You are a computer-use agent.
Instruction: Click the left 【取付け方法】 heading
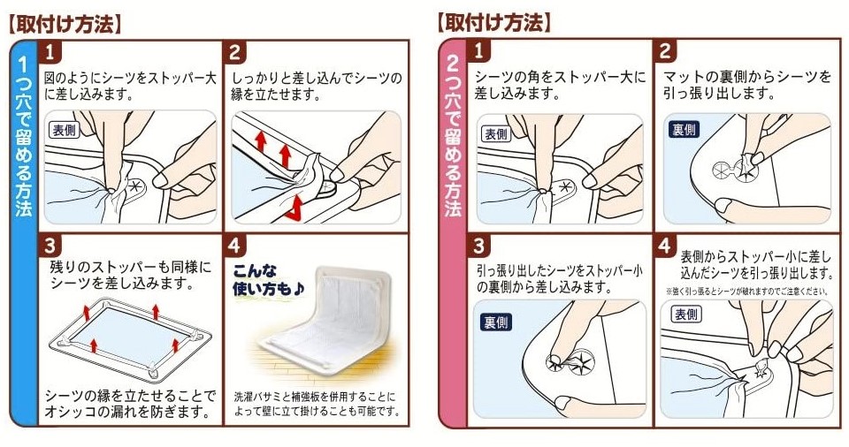65,25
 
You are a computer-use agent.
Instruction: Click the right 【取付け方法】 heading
493,23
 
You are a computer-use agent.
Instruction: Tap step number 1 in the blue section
50,52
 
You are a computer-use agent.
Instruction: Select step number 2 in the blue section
234,52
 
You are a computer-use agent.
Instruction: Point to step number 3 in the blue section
50,246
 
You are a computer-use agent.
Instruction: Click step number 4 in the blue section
234,246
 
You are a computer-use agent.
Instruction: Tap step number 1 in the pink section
478,51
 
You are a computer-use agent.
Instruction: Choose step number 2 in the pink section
665,51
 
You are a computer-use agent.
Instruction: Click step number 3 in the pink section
478,246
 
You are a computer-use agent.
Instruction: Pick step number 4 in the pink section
665,246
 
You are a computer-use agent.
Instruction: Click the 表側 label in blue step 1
65,130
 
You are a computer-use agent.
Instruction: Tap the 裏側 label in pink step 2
684,130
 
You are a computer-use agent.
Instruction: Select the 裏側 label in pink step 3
496,322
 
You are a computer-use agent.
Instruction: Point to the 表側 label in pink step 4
686,314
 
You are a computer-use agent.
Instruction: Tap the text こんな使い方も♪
267,280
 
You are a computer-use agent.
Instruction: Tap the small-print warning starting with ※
746,292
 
